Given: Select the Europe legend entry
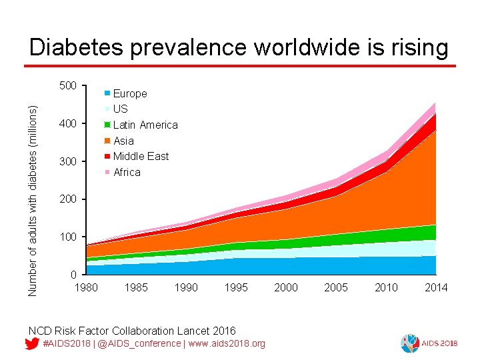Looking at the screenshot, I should click(129, 93).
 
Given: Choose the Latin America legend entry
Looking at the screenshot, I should click(145, 125).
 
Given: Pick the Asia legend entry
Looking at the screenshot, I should click(123, 141).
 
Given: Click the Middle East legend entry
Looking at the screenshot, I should click(141, 156).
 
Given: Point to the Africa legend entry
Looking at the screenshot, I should click(127, 172).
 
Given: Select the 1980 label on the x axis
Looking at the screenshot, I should click(85, 287).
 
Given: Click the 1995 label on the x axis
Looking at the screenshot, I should click(235, 287).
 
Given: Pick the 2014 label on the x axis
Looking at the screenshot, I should click(436, 287).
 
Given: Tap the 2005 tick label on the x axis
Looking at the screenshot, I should click(336, 287).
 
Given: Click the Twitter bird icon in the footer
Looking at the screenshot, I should click(31, 343).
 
